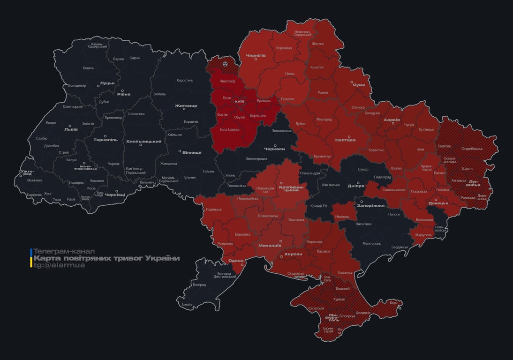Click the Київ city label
(x=239, y=101)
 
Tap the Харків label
(x=392, y=120)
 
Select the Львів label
(x=71, y=129)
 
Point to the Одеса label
(x=235, y=261)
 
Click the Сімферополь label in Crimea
(x=333, y=316)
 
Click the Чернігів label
(x=256, y=55)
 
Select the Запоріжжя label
(x=370, y=205)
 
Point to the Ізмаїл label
(x=187, y=304)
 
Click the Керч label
(x=393, y=303)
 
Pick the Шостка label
(x=317, y=44)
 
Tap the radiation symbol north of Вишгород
(x=226, y=62)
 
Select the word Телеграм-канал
(x=64, y=252)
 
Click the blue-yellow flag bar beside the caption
(x=31, y=258)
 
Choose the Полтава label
(x=345, y=140)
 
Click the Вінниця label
(x=192, y=152)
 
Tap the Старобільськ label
(x=472, y=149)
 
